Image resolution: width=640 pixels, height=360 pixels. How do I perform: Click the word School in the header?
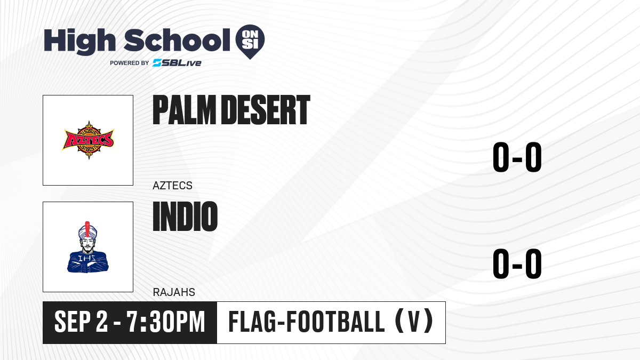(x=177, y=40)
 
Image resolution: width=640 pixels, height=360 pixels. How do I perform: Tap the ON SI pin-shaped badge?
(x=250, y=42)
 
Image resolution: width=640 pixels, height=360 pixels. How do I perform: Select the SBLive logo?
(x=177, y=63)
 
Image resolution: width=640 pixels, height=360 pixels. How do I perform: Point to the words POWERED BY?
(x=130, y=63)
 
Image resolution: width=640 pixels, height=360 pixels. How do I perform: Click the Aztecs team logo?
(x=89, y=140)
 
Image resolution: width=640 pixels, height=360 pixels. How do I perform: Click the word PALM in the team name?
(x=185, y=110)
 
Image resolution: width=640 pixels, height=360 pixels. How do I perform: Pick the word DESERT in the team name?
(x=266, y=110)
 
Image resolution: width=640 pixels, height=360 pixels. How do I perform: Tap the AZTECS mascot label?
(x=172, y=186)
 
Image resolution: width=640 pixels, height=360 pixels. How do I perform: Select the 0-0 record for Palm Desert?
(x=517, y=157)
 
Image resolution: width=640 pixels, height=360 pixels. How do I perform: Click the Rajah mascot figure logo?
(x=87, y=247)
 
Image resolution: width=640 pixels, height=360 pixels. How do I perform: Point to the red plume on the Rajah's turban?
(x=87, y=229)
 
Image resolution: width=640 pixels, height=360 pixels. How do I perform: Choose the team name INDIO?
(x=185, y=217)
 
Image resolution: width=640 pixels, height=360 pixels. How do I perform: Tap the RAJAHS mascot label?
(x=174, y=292)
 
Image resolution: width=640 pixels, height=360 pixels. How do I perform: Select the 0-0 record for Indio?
(x=517, y=263)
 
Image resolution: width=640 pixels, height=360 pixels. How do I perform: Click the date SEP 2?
(x=82, y=322)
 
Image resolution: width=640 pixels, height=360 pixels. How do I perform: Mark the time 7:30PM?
(x=166, y=322)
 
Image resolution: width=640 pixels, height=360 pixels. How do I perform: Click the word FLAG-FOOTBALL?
(x=307, y=322)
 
